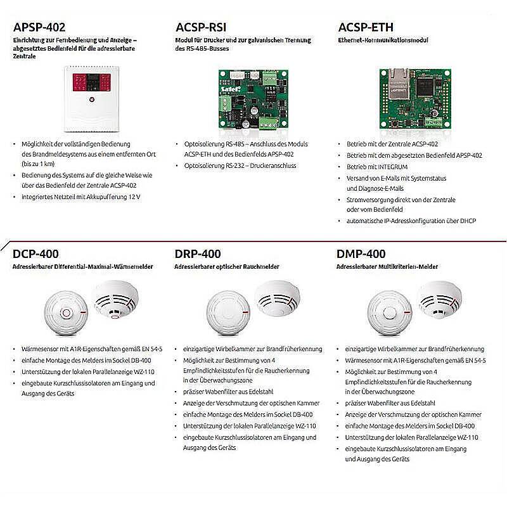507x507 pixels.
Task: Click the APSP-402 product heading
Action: pyautogui.click(x=39, y=27)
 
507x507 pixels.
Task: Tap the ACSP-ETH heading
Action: pyautogui.click(x=366, y=27)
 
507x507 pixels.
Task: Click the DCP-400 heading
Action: pyautogui.click(x=36, y=254)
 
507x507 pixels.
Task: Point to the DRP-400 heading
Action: pyautogui.click(x=198, y=254)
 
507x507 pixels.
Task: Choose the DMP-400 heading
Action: pyautogui.click(x=361, y=254)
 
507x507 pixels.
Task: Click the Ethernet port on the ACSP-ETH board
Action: pyautogui.click(x=395, y=77)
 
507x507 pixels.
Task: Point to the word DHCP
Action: pyautogui.click(x=466, y=221)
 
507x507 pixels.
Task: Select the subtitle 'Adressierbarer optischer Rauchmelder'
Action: pyautogui.click(x=227, y=267)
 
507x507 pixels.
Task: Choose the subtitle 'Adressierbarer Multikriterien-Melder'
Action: pyautogui.click(x=387, y=267)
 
